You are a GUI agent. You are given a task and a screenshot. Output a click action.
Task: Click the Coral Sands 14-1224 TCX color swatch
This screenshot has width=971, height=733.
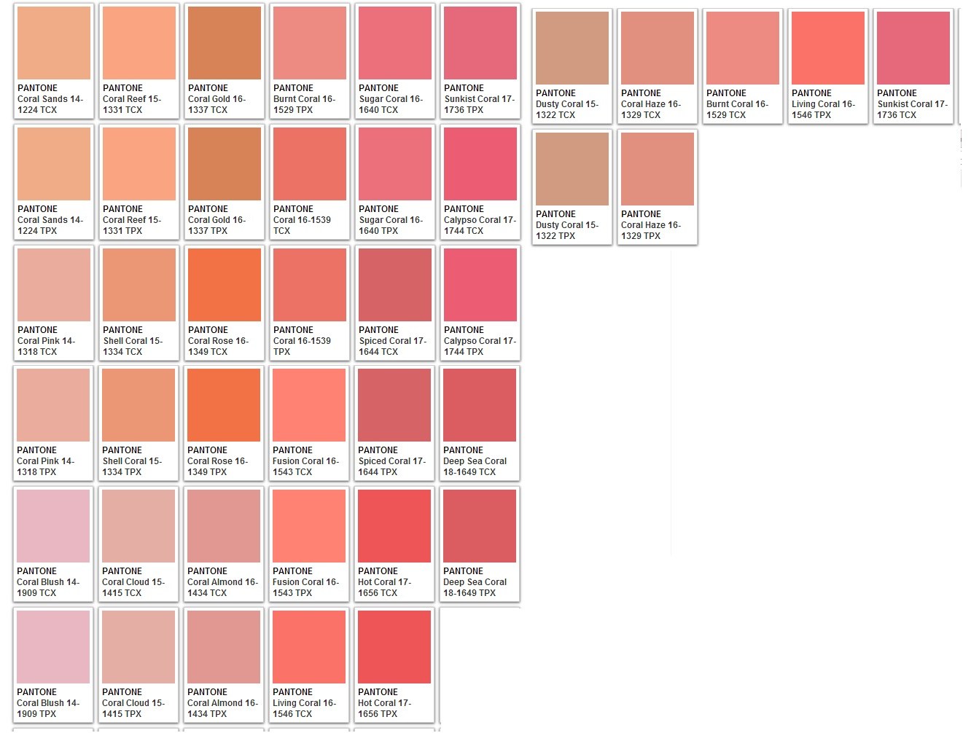tap(54, 43)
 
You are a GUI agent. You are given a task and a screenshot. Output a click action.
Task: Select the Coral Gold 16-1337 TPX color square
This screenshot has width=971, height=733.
tap(225, 164)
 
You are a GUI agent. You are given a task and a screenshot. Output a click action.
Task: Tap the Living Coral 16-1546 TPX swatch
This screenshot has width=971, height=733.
tap(828, 48)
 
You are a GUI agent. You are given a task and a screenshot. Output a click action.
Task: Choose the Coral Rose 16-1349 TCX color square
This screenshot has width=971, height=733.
tap(225, 285)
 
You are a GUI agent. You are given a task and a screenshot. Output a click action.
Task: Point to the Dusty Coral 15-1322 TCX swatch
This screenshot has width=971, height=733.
tap(572, 48)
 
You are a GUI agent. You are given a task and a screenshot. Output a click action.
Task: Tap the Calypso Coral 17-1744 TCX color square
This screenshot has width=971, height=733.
tap(480, 164)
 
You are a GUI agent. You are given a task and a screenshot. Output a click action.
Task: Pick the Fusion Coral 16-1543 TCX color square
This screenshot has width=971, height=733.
tap(309, 405)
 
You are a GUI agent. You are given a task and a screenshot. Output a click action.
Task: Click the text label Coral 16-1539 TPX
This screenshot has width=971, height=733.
tap(302, 346)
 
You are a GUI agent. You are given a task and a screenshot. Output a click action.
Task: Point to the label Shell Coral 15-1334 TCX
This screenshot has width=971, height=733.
tap(133, 346)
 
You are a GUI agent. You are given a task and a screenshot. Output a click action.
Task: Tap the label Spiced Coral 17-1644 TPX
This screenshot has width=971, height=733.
tap(391, 466)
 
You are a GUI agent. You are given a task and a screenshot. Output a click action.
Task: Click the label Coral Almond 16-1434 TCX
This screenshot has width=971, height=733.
tap(222, 587)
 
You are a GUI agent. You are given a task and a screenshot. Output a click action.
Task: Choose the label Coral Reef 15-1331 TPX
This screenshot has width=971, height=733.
tap(132, 225)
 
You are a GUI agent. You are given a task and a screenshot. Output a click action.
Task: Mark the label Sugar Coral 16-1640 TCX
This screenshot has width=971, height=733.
tap(391, 104)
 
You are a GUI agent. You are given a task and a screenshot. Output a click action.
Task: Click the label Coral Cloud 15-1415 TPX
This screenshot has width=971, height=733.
tap(133, 708)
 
